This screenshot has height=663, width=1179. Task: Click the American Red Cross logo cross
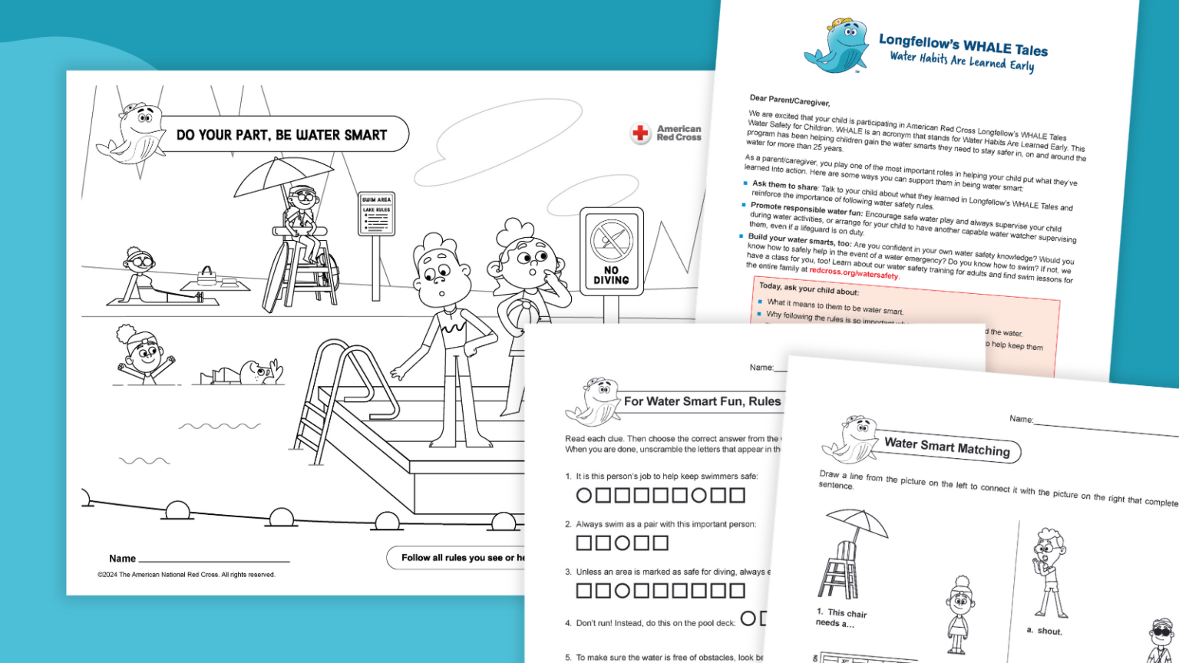coord(640,134)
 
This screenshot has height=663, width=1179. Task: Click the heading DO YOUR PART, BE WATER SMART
coord(282,135)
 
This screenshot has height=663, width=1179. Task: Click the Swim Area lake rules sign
coord(376,214)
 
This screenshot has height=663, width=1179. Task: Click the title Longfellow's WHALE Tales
coord(963,45)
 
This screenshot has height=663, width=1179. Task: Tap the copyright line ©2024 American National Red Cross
coord(186,575)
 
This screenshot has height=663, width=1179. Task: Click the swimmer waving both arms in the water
coord(144,355)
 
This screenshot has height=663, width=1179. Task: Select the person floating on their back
coord(244,374)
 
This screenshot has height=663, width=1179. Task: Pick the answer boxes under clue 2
coord(622,543)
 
